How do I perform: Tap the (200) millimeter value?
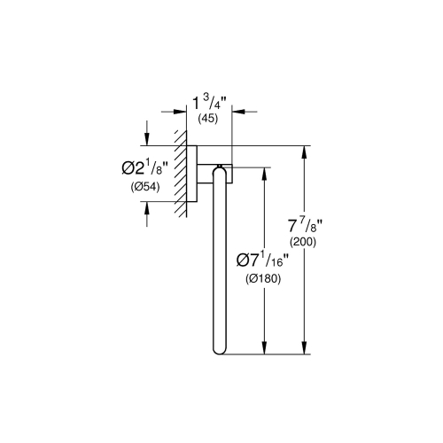coord(307,241)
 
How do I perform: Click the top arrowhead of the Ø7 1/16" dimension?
coord(263,170)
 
